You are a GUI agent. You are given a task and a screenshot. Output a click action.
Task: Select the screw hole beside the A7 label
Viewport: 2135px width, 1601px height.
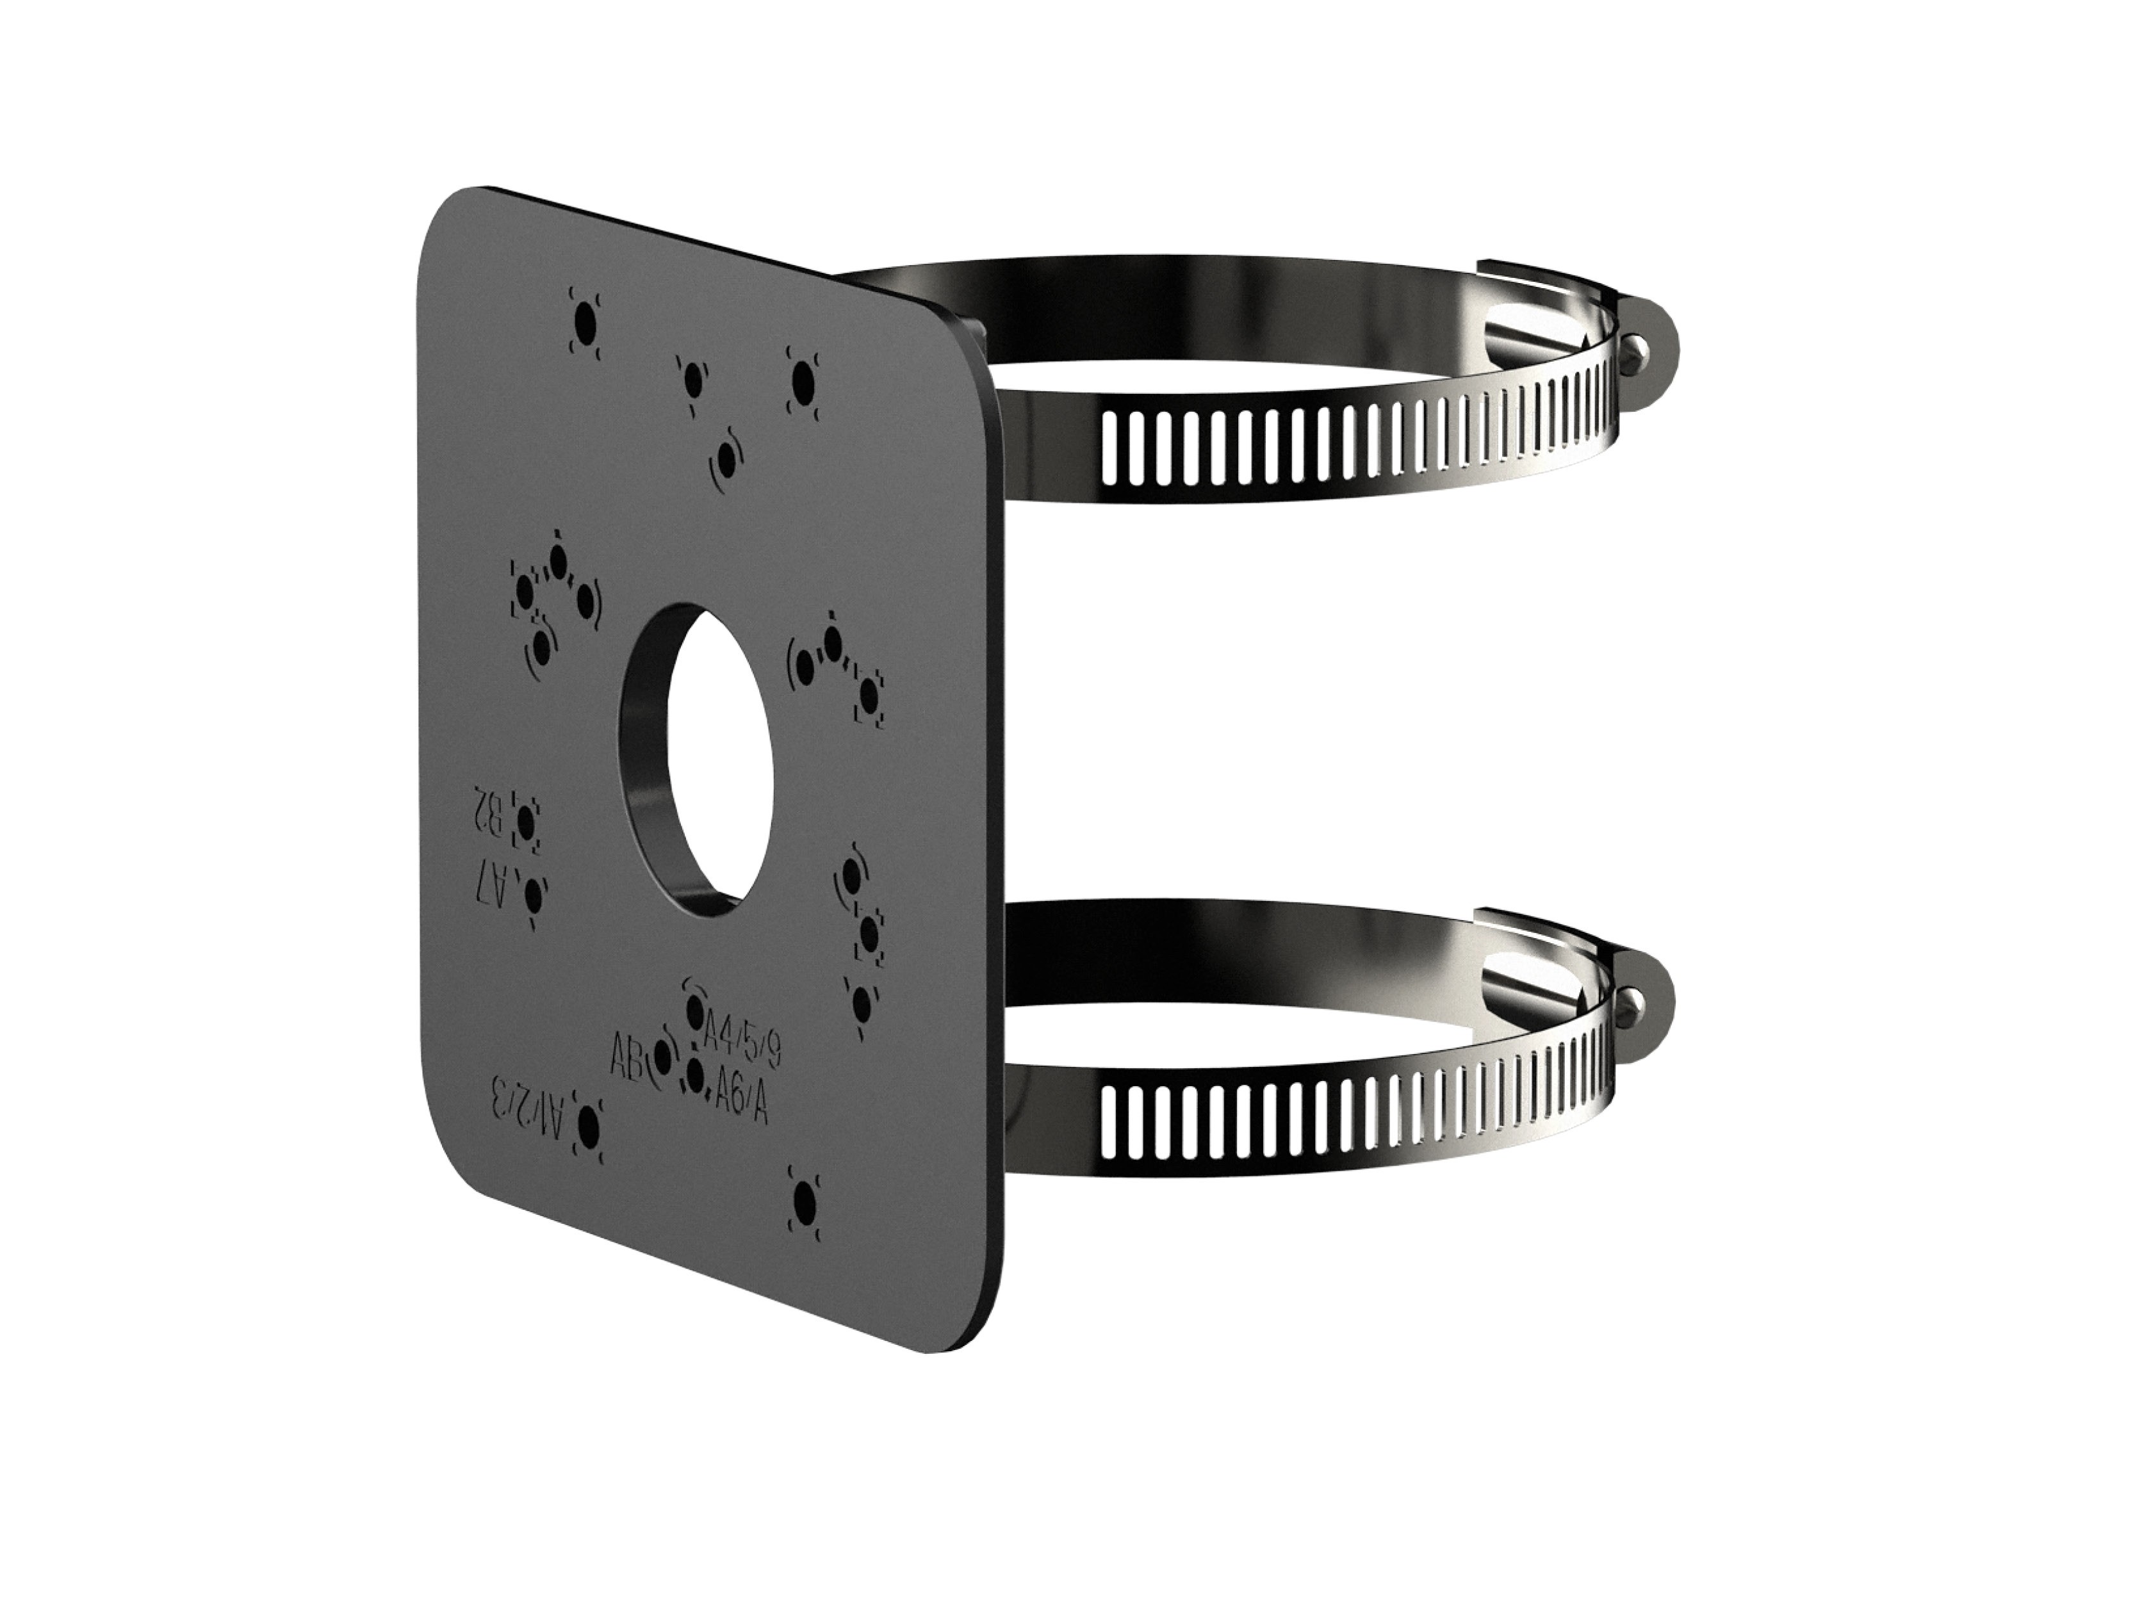pyautogui.click(x=530, y=899)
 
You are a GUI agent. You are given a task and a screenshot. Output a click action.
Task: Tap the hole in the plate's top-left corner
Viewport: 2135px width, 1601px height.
pyautogui.click(x=583, y=318)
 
